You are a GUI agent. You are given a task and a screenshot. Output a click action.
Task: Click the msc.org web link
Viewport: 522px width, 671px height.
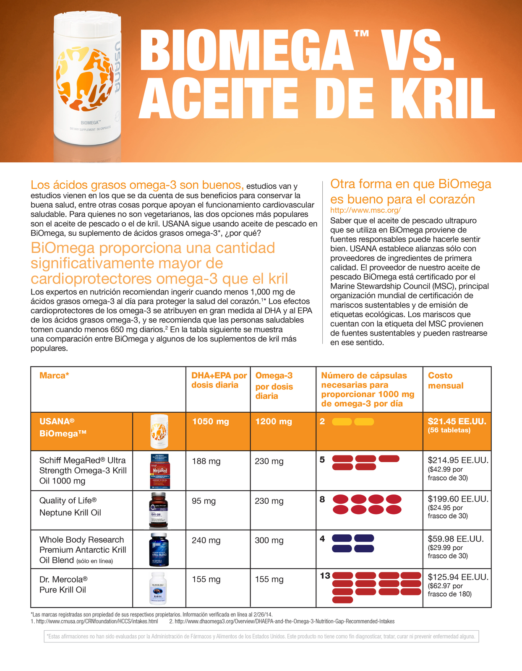point(365,211)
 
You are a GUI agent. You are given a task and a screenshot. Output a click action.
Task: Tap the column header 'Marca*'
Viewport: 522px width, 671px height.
point(54,376)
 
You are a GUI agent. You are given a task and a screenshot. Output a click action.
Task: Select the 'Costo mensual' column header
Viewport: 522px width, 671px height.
point(445,380)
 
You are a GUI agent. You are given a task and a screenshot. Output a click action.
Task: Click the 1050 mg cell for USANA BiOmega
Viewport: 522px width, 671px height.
point(210,421)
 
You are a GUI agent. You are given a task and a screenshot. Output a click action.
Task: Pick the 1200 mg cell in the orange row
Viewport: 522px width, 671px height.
point(273,421)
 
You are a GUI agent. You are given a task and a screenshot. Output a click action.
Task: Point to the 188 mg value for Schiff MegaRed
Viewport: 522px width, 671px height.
point(206,461)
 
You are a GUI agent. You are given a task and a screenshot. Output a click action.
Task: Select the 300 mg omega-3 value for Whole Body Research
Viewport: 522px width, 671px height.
point(269,541)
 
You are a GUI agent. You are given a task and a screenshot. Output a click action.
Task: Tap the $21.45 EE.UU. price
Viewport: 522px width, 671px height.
point(457,421)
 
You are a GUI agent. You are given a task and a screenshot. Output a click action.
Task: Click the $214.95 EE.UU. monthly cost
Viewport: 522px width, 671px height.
point(458,460)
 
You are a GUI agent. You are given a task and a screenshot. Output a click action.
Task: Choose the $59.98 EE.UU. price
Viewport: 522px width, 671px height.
point(456,539)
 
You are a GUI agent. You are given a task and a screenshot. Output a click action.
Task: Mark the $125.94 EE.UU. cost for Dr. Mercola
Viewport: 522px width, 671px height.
point(458,577)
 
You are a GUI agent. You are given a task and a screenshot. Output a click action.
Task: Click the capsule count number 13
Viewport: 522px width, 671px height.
point(325,576)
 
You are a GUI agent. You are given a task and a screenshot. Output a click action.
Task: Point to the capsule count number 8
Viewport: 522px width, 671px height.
point(322,499)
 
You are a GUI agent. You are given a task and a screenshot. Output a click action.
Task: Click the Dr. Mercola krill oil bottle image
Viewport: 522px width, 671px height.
point(159,588)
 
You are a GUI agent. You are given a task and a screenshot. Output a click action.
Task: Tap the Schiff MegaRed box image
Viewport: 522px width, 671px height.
point(159,471)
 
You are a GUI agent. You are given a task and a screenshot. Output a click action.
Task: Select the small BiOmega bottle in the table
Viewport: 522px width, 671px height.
point(159,431)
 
